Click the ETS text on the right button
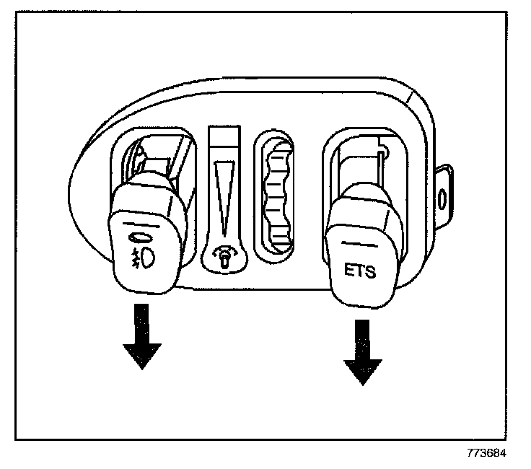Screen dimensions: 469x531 [x=358, y=272]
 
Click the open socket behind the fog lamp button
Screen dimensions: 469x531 [x=155, y=155]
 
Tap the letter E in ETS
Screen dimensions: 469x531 [x=347, y=272]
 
